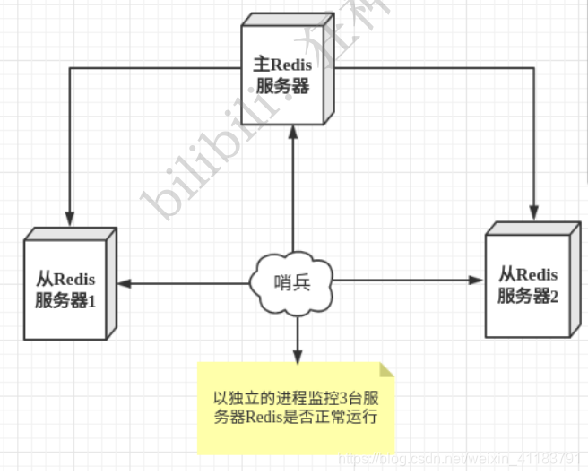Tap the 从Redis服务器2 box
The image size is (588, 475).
(528, 283)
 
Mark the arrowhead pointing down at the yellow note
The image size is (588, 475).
(296, 356)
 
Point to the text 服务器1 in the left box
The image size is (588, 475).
(65, 299)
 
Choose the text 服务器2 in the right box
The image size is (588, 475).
(528, 295)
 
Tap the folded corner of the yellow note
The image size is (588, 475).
(386, 368)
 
